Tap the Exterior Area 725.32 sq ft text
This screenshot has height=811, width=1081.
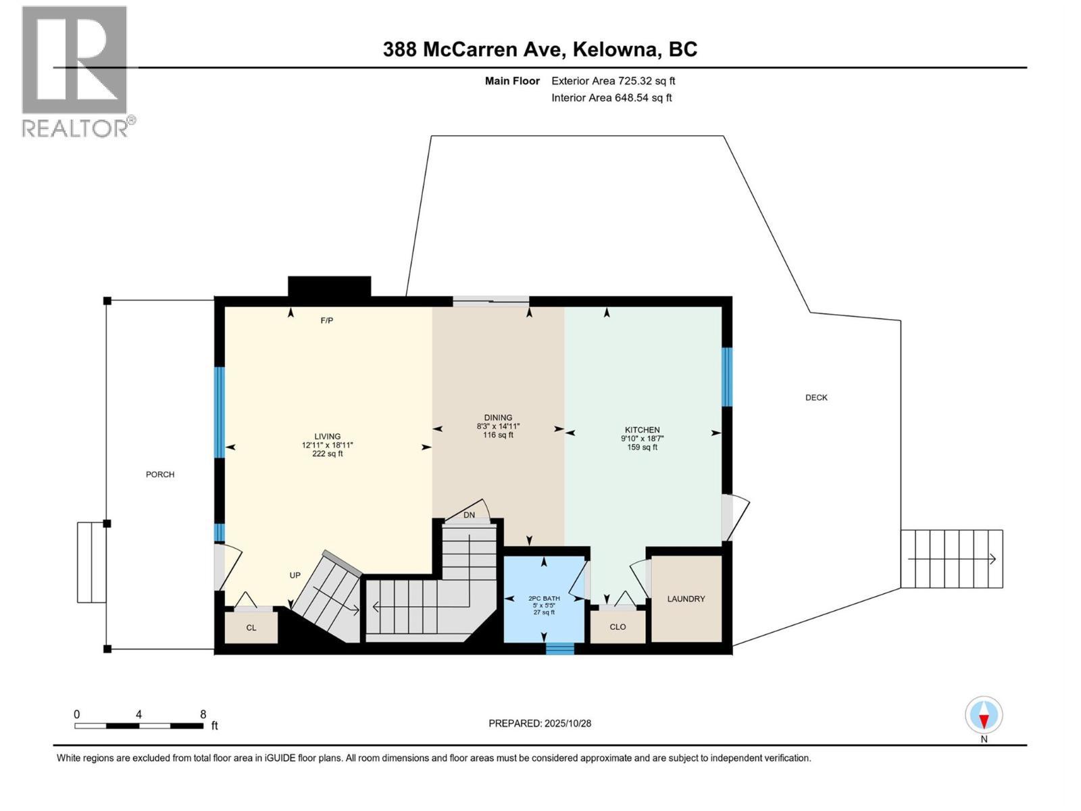[x=613, y=81]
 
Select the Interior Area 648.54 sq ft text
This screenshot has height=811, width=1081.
[x=611, y=98]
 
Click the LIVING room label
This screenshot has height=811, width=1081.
[x=327, y=437]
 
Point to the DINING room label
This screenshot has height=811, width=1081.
[x=498, y=418]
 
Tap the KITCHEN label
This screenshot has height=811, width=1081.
[x=642, y=430]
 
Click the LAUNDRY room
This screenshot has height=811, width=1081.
[x=686, y=599]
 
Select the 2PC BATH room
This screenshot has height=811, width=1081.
[x=544, y=599]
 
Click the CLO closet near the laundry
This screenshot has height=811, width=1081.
[x=618, y=627]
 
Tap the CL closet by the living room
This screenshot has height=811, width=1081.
[x=251, y=628]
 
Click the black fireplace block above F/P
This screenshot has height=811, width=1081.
[x=329, y=286]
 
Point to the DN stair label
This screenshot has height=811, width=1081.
[x=469, y=515]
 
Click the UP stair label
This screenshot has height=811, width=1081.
[x=295, y=576]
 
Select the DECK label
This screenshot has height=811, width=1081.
[x=816, y=397]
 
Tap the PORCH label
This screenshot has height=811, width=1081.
[x=160, y=474]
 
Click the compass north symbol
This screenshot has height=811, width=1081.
[x=984, y=716]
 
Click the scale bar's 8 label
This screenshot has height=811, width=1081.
[x=203, y=714]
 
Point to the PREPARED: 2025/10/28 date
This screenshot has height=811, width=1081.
[x=540, y=723]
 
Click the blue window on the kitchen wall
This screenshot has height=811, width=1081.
[x=727, y=376]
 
